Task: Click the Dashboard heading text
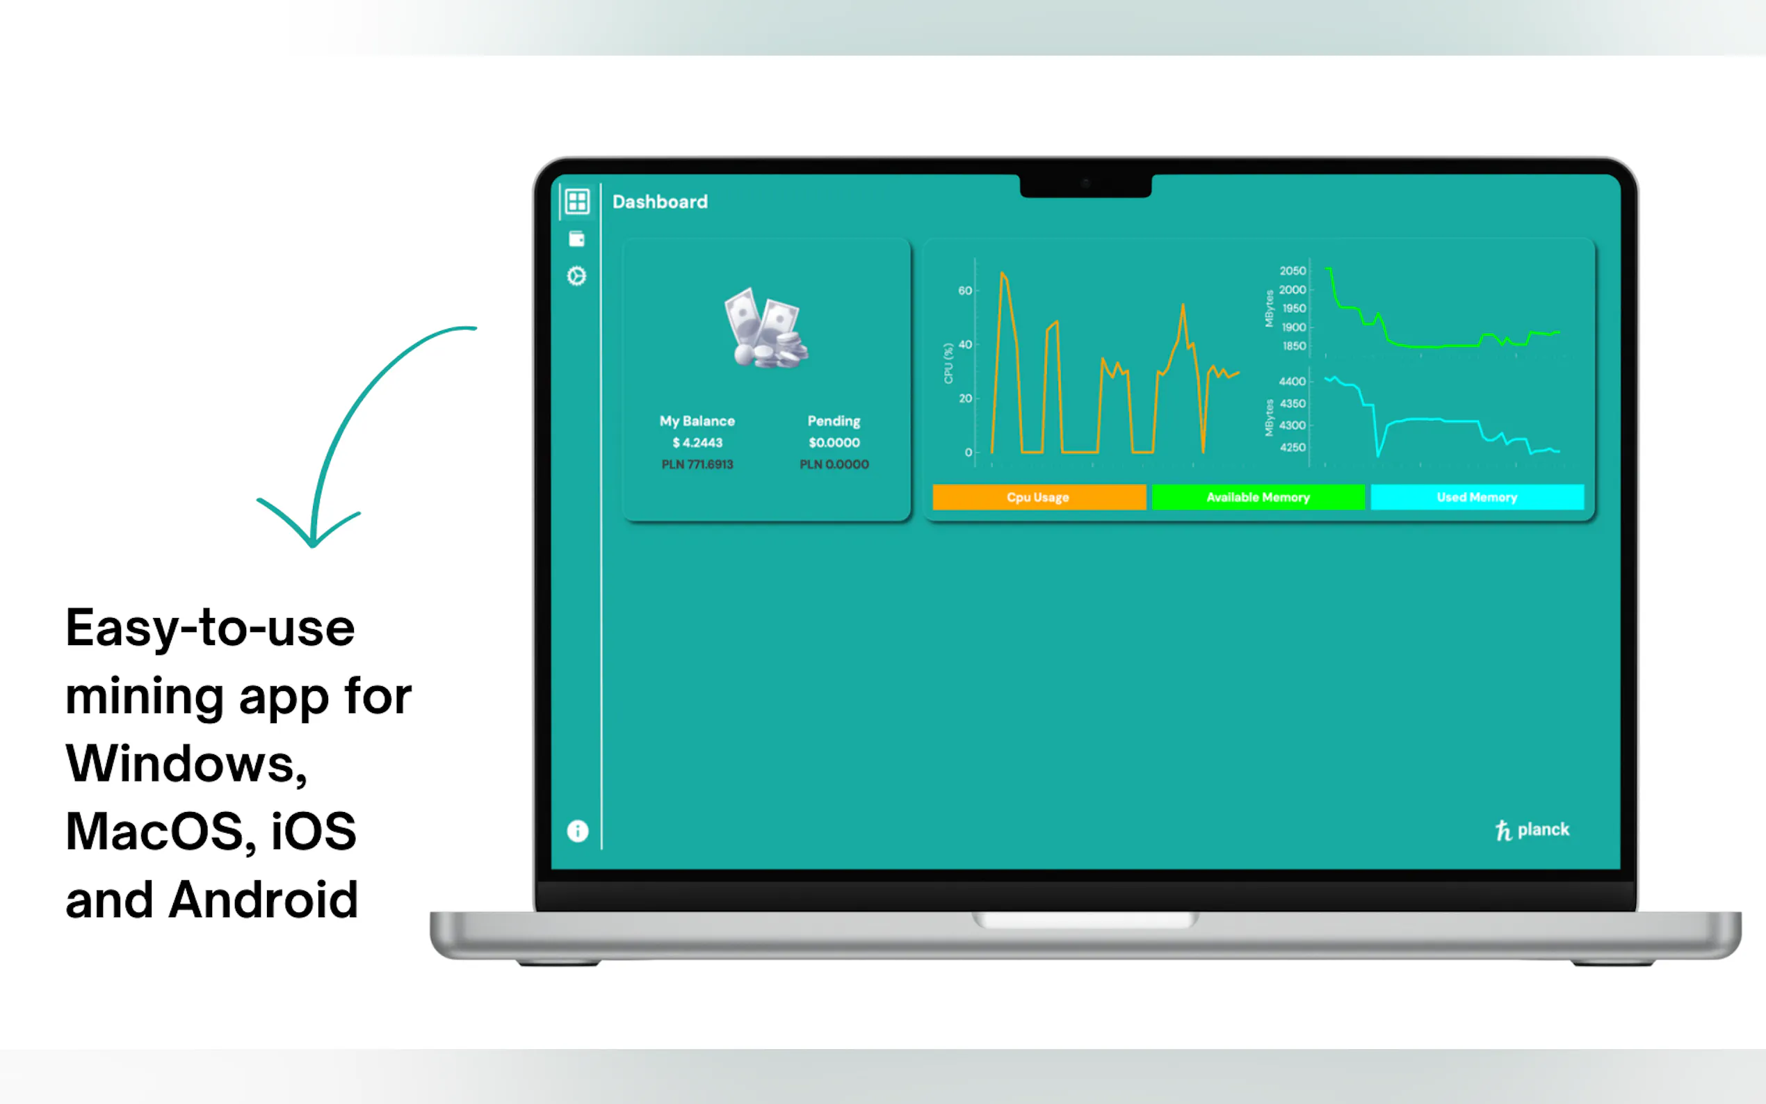(x=659, y=202)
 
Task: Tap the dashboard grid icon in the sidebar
(x=577, y=202)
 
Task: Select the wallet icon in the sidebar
(x=577, y=238)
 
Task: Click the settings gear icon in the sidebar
(x=577, y=276)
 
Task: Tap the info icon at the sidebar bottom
(x=578, y=831)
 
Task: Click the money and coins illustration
(x=765, y=328)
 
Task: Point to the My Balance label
(x=697, y=421)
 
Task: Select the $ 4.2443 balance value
(x=697, y=442)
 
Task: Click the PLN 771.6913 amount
(x=697, y=464)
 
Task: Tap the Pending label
(x=834, y=421)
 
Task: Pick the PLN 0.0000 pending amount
(x=834, y=464)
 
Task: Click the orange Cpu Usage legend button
(x=1039, y=497)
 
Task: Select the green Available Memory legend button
(x=1258, y=497)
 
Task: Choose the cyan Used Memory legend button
(x=1477, y=497)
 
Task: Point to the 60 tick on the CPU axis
(x=964, y=291)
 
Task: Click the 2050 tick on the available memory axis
(x=1293, y=271)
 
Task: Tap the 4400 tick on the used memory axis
(x=1293, y=381)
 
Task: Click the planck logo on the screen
(x=1532, y=830)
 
